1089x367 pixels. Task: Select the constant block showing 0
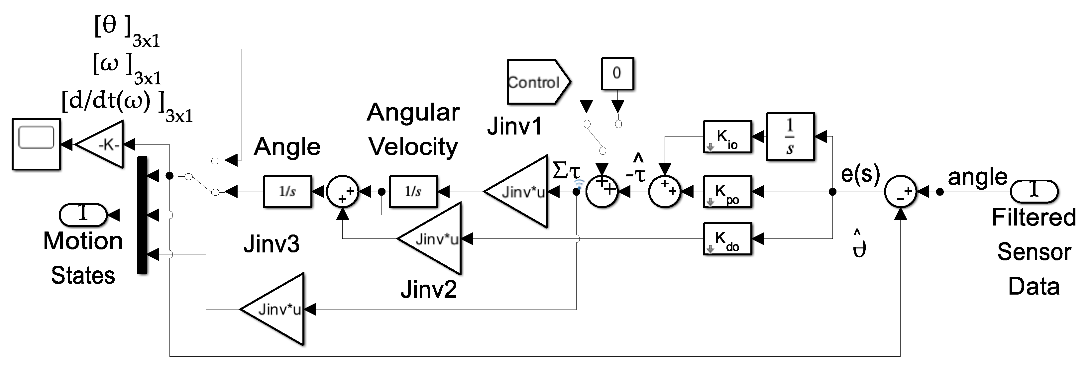coord(617,73)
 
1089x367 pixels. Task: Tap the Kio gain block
coord(727,137)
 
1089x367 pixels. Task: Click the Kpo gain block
coord(727,192)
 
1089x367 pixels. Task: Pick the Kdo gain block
coord(727,238)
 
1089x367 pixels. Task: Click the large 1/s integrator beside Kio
coord(790,137)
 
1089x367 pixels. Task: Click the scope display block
coord(36,144)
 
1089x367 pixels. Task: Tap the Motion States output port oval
coord(83,215)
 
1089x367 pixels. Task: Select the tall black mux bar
coord(143,215)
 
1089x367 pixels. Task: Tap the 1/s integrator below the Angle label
coord(287,192)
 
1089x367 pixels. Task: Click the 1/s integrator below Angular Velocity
coord(413,192)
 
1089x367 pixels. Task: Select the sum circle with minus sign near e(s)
coord(901,192)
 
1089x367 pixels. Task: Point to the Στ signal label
coord(567,171)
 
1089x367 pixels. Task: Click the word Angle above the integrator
coord(287,147)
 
